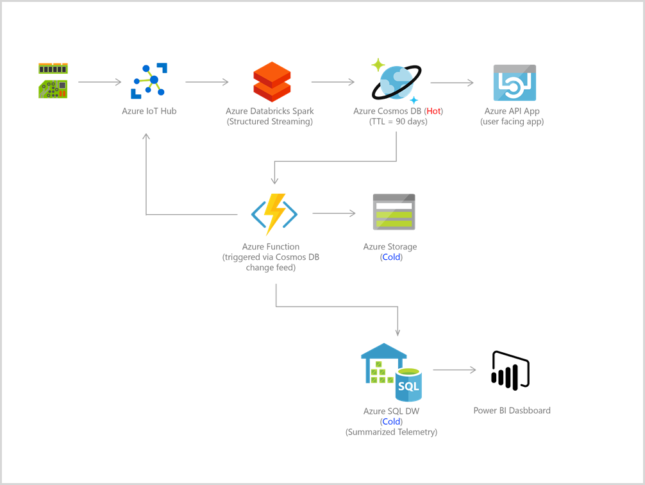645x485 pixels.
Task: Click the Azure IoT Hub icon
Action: [149, 81]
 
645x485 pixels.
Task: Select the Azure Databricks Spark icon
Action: [272, 81]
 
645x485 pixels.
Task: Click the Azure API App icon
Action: [514, 83]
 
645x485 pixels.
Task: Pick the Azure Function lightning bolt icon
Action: [274, 214]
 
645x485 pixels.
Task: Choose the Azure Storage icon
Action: [394, 212]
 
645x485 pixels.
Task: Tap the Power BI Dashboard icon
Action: [511, 370]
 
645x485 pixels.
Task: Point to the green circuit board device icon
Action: [53, 81]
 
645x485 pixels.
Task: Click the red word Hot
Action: [433, 111]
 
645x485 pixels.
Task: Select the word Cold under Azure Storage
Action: [390, 257]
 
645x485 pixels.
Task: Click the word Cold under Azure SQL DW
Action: [391, 421]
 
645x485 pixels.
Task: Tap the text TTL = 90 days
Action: [398, 121]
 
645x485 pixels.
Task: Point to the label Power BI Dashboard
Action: [512, 411]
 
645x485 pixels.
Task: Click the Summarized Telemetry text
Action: [391, 432]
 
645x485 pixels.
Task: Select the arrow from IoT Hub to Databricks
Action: [207, 82]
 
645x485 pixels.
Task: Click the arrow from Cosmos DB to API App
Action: [452, 82]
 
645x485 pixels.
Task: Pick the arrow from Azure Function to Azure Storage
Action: [333, 213]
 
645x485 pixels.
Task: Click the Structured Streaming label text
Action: [270, 121]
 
